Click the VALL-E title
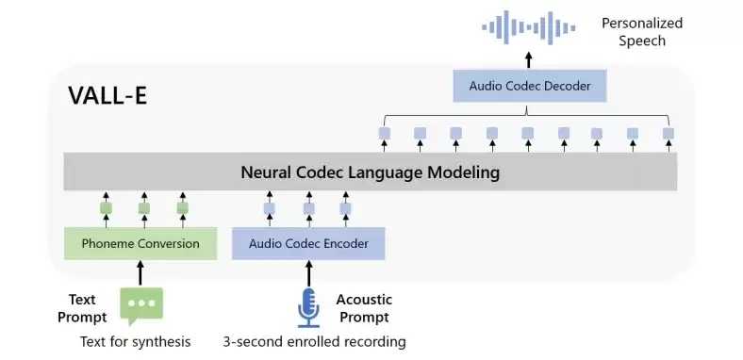pos(107,95)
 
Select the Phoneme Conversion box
pos(140,243)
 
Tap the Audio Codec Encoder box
pos(308,243)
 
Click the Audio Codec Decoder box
pos(530,86)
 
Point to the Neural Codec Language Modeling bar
pos(370,172)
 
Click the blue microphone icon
pos(308,307)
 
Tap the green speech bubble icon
pos(141,306)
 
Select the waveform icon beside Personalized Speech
pos(529,28)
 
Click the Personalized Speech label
pos(642,32)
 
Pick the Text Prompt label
pos(82,308)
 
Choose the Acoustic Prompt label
pos(364,308)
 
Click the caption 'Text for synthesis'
pos(136,341)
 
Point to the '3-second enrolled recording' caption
pos(315,341)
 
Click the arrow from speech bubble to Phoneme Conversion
pos(140,272)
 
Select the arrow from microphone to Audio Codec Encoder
pos(308,272)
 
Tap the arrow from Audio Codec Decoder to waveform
pos(529,60)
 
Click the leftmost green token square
pos(107,208)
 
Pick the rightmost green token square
pos(182,208)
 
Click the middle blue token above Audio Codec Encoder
pos(309,208)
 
